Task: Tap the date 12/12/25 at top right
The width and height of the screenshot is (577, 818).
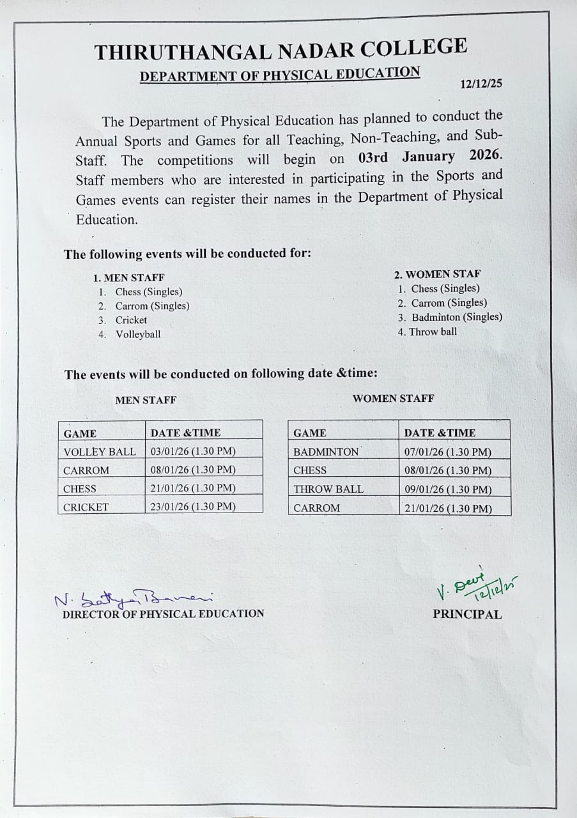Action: pos(481,84)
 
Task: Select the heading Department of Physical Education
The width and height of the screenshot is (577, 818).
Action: pos(280,75)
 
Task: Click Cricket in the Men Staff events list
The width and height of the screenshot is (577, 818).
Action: pos(131,320)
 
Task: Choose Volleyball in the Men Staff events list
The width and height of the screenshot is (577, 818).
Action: pos(138,334)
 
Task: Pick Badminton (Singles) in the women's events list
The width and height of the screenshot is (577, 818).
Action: pos(456,317)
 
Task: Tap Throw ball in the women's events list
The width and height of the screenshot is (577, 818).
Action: pos(433,332)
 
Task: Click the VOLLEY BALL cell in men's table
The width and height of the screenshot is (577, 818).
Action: pos(100,452)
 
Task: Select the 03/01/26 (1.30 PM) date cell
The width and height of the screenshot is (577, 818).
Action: pos(193,451)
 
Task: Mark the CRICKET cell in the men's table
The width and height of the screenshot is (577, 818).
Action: pos(86,507)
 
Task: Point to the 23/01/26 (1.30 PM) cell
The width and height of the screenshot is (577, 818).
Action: pos(193,507)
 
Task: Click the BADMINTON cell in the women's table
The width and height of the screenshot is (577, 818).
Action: pos(327,452)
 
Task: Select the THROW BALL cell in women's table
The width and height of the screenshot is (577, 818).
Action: pos(328,489)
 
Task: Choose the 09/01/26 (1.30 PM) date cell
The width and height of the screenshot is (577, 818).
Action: pos(448,490)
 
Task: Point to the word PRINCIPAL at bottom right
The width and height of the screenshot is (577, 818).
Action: pos(467,615)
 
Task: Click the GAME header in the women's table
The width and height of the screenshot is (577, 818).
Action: pos(310,433)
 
